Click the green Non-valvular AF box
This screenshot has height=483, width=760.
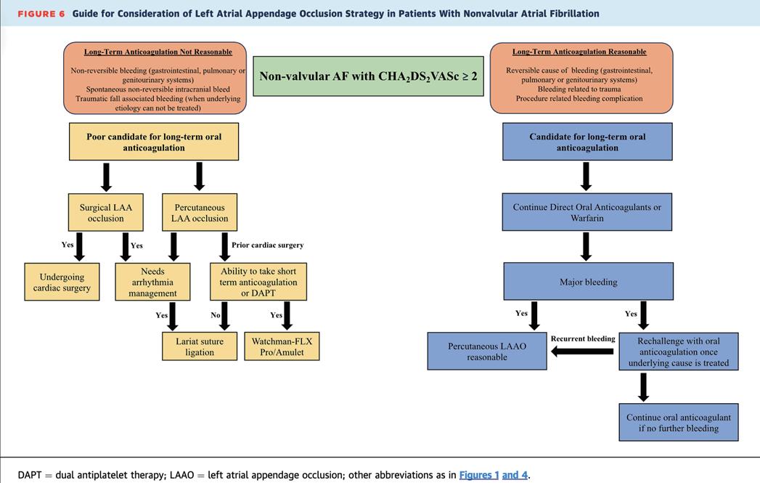[369, 76]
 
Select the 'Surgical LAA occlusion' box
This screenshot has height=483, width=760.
[106, 213]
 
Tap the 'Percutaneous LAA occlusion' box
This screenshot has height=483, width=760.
[200, 213]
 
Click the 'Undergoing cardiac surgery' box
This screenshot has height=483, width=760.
[62, 283]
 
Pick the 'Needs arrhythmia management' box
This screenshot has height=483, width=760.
[153, 283]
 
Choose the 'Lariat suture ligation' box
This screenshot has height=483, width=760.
[200, 346]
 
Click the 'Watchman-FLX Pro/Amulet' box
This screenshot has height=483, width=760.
[282, 346]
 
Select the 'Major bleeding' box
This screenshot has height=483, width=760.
[587, 282]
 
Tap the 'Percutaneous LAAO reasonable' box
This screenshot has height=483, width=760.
[487, 352]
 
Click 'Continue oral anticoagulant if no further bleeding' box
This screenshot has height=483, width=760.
[679, 423]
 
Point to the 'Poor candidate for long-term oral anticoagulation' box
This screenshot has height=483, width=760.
[154, 142]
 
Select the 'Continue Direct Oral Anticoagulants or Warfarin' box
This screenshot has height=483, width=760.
[587, 212]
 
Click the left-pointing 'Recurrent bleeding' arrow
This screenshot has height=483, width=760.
[583, 352]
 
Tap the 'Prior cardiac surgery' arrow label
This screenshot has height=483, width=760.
[267, 245]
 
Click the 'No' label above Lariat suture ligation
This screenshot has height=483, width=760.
[215, 315]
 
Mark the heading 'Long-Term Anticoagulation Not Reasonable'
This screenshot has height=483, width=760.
[158, 52]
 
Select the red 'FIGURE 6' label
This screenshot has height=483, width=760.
[41, 14]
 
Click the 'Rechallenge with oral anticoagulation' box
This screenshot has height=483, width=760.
[679, 352]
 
